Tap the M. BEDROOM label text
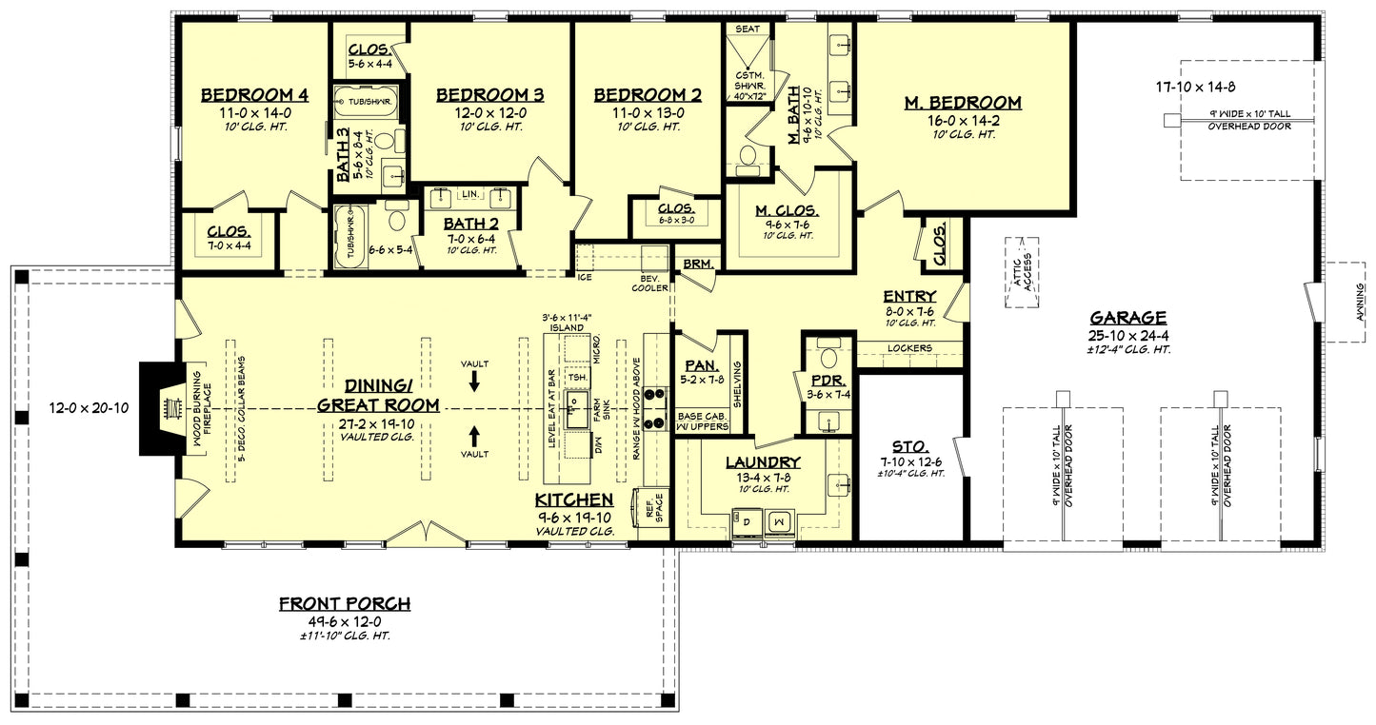[x=963, y=103]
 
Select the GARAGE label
[x=1128, y=318]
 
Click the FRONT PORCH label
[x=344, y=603]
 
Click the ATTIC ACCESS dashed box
[x=1022, y=273]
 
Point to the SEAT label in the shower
[x=748, y=29]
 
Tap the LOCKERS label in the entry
[x=909, y=348]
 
